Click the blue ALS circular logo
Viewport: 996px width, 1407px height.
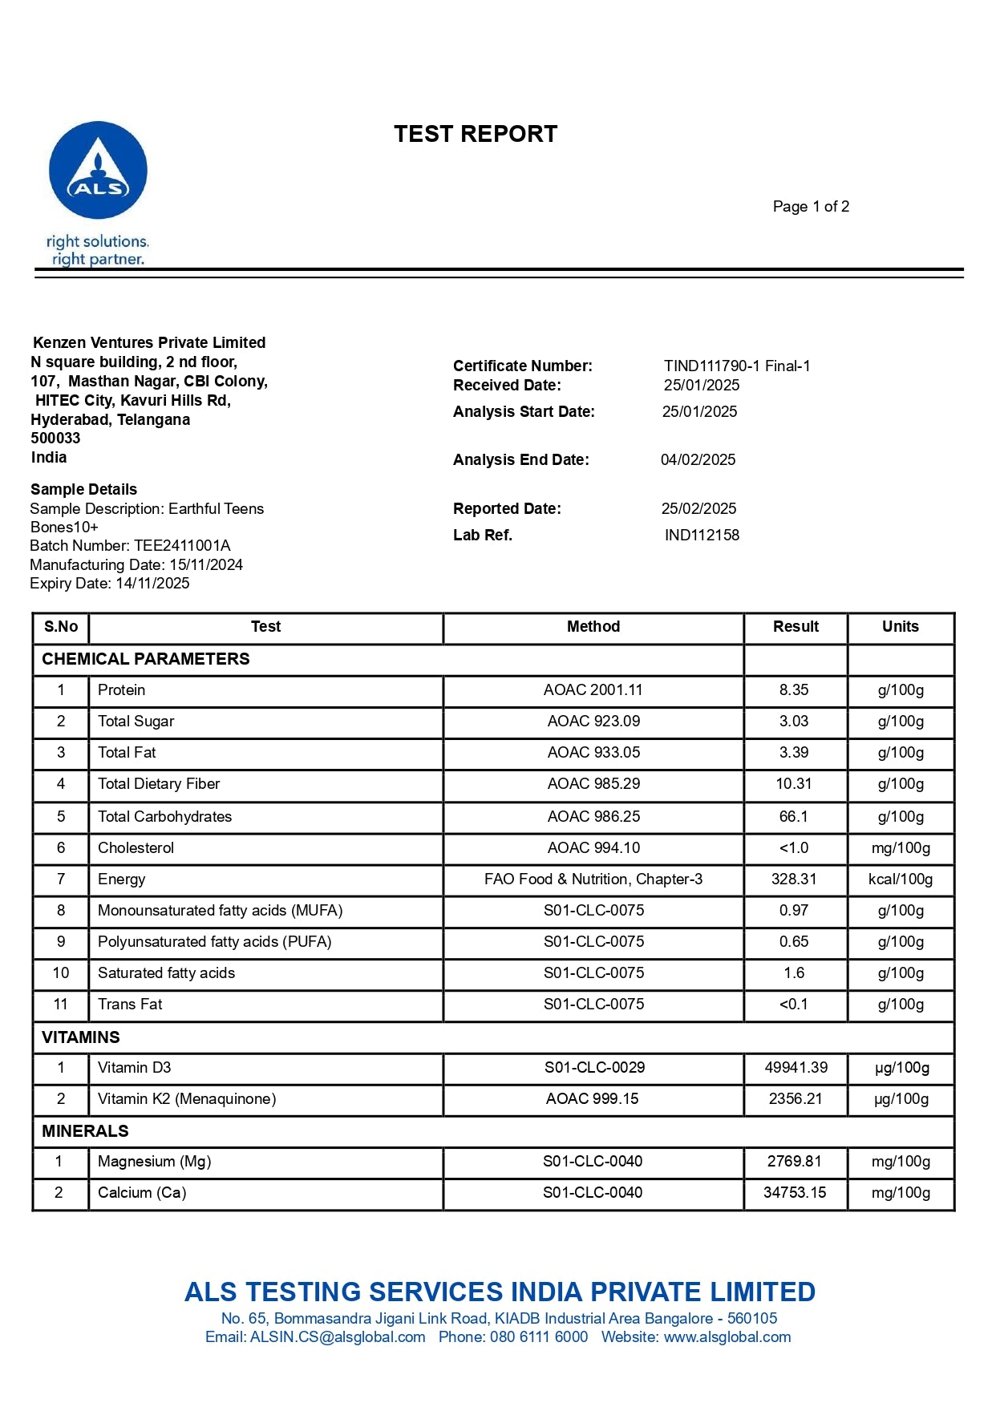(x=98, y=170)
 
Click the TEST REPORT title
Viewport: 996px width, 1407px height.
(x=476, y=134)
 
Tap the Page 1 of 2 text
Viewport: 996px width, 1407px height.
(x=811, y=207)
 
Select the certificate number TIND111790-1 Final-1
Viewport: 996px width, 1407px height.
(x=737, y=366)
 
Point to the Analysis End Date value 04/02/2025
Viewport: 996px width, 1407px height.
(x=698, y=460)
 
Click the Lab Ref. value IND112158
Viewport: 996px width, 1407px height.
(x=702, y=536)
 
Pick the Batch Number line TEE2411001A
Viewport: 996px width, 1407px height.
(x=130, y=546)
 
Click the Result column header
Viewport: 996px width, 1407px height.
(x=796, y=627)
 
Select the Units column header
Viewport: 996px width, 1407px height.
(x=900, y=627)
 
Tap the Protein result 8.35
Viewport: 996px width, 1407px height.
(x=794, y=690)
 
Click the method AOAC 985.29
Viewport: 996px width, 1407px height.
(x=593, y=784)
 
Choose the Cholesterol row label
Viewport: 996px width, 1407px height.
(x=136, y=848)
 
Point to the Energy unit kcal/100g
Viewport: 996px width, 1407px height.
(x=901, y=879)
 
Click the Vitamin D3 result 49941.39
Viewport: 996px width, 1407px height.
(x=796, y=1068)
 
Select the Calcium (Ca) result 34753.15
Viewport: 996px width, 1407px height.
(x=795, y=1193)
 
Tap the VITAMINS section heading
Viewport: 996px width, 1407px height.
(x=81, y=1037)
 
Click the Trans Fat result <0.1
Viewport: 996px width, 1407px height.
(x=794, y=1005)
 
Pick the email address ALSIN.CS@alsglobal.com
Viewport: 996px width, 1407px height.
(x=338, y=1337)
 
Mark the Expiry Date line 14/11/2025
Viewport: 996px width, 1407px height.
(x=110, y=584)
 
